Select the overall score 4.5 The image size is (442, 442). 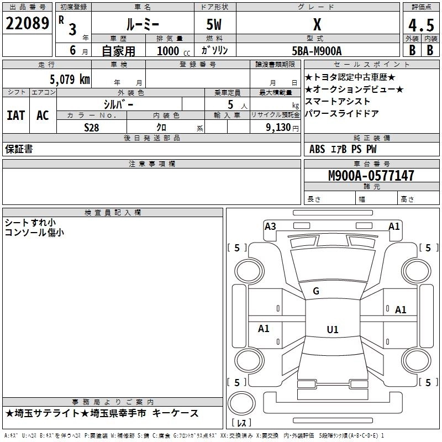[x=421, y=25]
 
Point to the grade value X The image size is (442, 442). [x=317, y=24]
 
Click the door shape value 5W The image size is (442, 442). [x=214, y=24]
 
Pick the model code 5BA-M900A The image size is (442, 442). [x=317, y=51]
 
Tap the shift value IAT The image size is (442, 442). [x=15, y=115]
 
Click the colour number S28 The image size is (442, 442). [x=92, y=128]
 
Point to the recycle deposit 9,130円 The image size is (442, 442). [x=282, y=128]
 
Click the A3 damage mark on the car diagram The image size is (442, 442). [x=270, y=226]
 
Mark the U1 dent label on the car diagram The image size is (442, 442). [x=333, y=330]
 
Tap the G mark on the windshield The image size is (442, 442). [x=316, y=291]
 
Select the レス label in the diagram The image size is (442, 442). [x=241, y=423]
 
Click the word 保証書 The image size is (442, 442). [x=19, y=149]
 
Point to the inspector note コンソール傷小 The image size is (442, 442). [x=34, y=233]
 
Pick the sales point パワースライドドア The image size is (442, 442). [x=342, y=114]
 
